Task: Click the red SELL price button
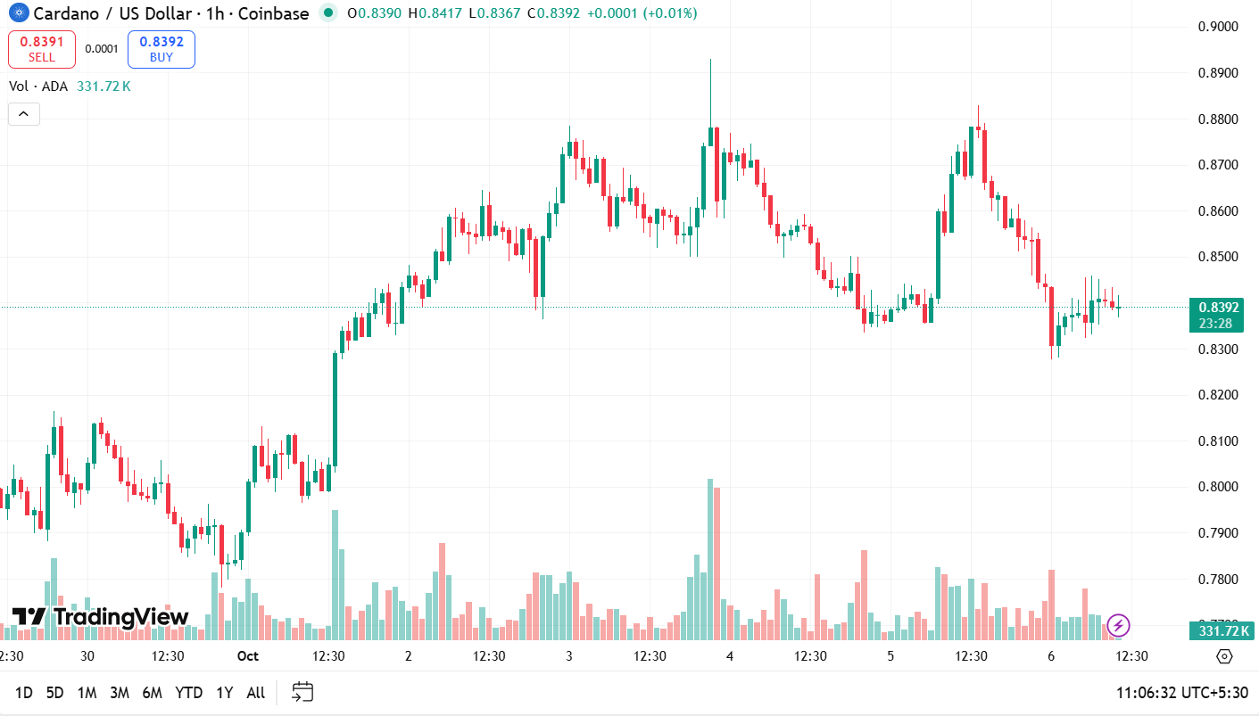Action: click(x=41, y=49)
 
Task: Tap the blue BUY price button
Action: click(x=162, y=49)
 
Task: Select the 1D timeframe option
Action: click(x=24, y=693)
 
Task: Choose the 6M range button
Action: click(x=152, y=693)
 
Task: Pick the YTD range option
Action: click(x=188, y=693)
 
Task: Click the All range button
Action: click(x=255, y=693)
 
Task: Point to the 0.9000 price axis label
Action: click(x=1217, y=27)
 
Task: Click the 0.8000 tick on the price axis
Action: click(x=1217, y=487)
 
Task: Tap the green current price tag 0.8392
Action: click(x=1215, y=315)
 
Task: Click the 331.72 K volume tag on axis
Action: click(x=1215, y=631)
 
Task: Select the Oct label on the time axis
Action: click(x=247, y=656)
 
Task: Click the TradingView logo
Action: click(x=100, y=616)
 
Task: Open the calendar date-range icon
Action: click(x=302, y=692)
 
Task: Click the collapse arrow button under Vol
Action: click(x=24, y=114)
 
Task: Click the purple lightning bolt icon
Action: click(x=1118, y=625)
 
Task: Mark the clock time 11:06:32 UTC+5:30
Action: click(x=1181, y=693)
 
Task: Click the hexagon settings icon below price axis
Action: click(x=1224, y=656)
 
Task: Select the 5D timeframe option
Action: click(x=55, y=693)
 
